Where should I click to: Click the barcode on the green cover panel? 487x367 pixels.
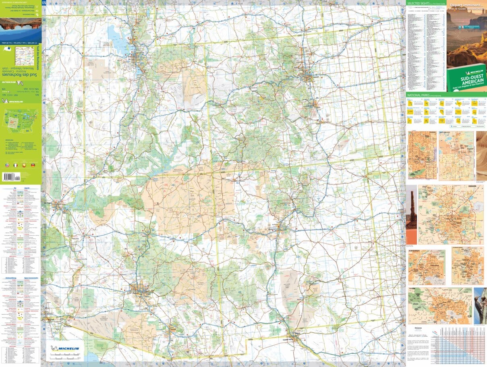coord(12,176)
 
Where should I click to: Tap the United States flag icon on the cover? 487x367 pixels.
coord(7,166)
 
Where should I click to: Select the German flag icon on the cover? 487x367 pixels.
coord(33,166)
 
